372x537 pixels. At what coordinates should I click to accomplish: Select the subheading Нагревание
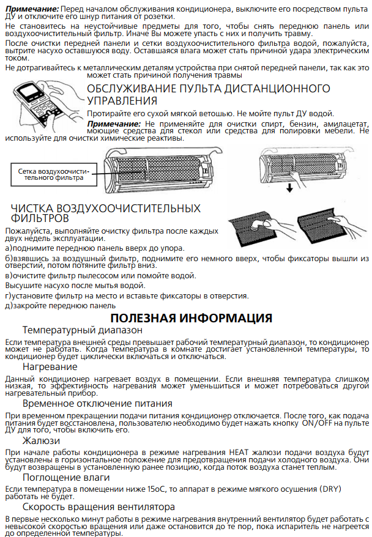(x=50, y=367)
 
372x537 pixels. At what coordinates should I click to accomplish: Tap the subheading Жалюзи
(x=41, y=440)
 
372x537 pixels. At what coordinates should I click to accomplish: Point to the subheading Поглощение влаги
(x=66, y=477)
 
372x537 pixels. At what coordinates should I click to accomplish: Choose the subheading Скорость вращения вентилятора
(x=99, y=506)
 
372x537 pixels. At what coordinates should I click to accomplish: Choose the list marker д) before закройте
(x=10, y=305)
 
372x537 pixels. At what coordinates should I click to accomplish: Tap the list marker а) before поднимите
(x=9, y=248)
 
